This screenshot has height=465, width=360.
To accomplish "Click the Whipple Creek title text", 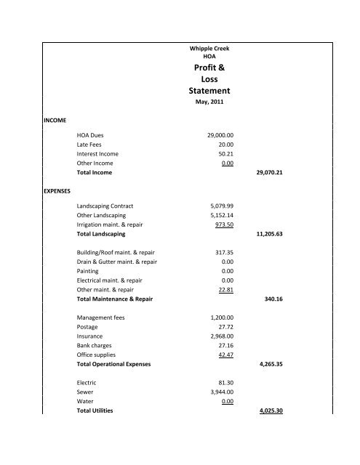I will (x=208, y=47).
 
